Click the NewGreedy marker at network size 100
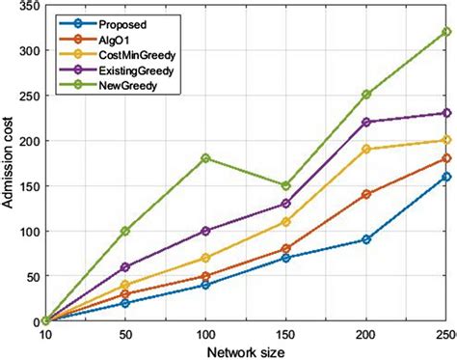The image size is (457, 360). pos(204,158)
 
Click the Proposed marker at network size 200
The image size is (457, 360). pos(365,239)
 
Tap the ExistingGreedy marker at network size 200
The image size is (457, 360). pos(365,122)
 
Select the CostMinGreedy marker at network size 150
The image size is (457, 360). pos(285,221)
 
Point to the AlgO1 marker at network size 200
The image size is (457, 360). pos(365,194)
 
